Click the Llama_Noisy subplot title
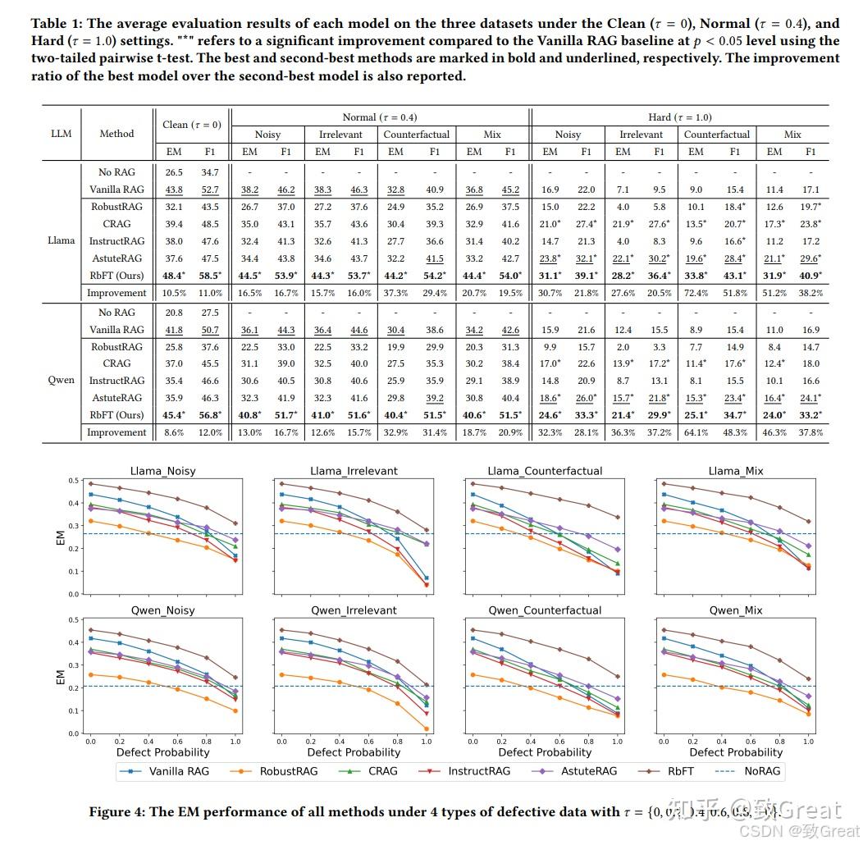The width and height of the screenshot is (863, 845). click(x=162, y=471)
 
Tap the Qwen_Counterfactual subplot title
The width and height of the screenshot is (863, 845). click(x=545, y=610)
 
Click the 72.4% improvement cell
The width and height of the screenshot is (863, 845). click(x=696, y=293)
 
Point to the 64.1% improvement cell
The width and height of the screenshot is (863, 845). click(x=696, y=432)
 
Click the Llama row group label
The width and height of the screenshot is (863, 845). click(x=61, y=240)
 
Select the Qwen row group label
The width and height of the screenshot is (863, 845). click(x=61, y=380)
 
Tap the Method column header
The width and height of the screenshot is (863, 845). click(x=116, y=133)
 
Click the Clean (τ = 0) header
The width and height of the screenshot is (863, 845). click(x=192, y=125)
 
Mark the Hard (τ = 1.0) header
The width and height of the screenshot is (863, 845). click(x=680, y=117)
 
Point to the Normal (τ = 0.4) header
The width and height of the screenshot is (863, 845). click(x=379, y=117)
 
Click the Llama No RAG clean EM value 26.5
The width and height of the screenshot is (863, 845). click(x=173, y=172)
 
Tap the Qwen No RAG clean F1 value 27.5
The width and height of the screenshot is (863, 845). click(x=210, y=312)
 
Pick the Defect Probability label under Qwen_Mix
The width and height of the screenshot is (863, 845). click(x=736, y=752)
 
